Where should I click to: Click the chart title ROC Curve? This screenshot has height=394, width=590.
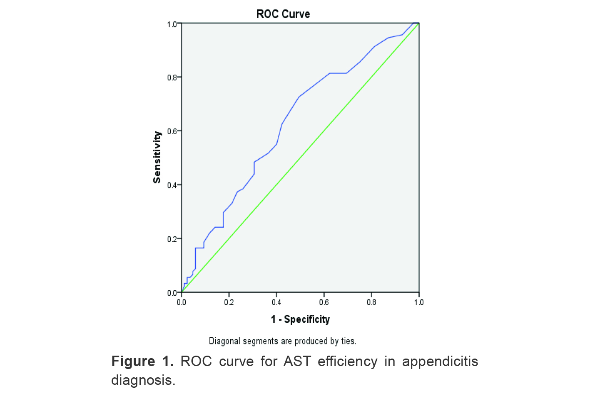point(283,14)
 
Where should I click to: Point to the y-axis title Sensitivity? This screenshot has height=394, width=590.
point(157,157)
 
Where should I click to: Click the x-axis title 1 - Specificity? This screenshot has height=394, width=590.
point(300,319)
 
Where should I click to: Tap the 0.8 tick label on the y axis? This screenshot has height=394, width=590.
point(172,78)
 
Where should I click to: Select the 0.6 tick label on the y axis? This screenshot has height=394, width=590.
point(172,131)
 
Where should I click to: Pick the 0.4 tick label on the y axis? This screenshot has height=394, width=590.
point(172,185)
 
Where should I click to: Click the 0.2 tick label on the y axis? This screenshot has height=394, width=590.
point(172,239)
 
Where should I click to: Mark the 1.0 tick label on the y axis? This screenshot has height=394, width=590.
point(172,25)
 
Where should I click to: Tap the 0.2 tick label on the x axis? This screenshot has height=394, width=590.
point(229,302)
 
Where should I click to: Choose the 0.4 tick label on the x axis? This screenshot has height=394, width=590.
point(276,302)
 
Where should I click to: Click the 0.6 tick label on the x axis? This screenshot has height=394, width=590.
point(324,302)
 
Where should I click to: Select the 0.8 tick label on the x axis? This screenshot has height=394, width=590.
point(371,302)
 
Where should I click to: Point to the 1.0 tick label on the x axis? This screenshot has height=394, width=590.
point(418,302)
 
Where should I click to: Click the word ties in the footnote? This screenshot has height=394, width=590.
point(348,341)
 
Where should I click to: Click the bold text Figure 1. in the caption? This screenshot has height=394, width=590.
point(142,361)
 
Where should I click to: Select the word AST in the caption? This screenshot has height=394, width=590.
point(297,361)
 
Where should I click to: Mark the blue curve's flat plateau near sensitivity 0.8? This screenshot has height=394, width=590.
point(338,73)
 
